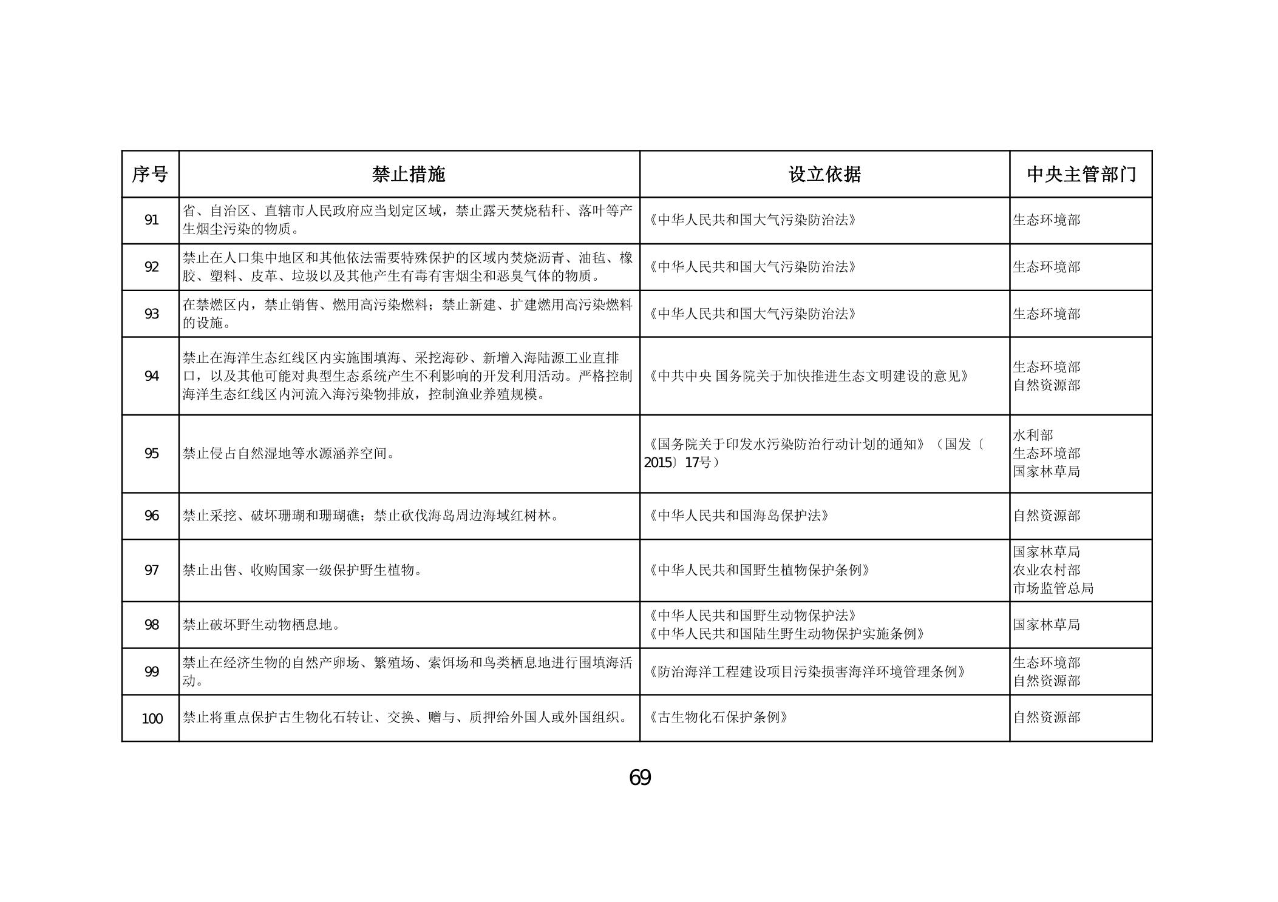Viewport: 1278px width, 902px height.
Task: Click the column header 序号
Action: coord(150,175)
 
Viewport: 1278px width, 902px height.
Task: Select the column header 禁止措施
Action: coord(409,175)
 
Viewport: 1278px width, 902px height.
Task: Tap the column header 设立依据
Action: coord(824,175)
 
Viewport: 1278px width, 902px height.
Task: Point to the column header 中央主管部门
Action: coord(1081,175)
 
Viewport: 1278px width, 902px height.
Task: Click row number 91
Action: coord(151,220)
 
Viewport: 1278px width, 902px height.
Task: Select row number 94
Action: coord(151,376)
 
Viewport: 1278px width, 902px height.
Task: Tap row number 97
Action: coord(151,570)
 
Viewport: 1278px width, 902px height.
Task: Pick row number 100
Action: coord(152,719)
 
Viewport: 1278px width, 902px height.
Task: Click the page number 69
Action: coord(640,777)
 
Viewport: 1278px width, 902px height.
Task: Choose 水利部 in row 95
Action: coord(1033,435)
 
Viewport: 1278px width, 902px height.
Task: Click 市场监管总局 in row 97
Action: coord(1053,588)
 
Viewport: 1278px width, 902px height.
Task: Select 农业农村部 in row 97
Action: coord(1046,570)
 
